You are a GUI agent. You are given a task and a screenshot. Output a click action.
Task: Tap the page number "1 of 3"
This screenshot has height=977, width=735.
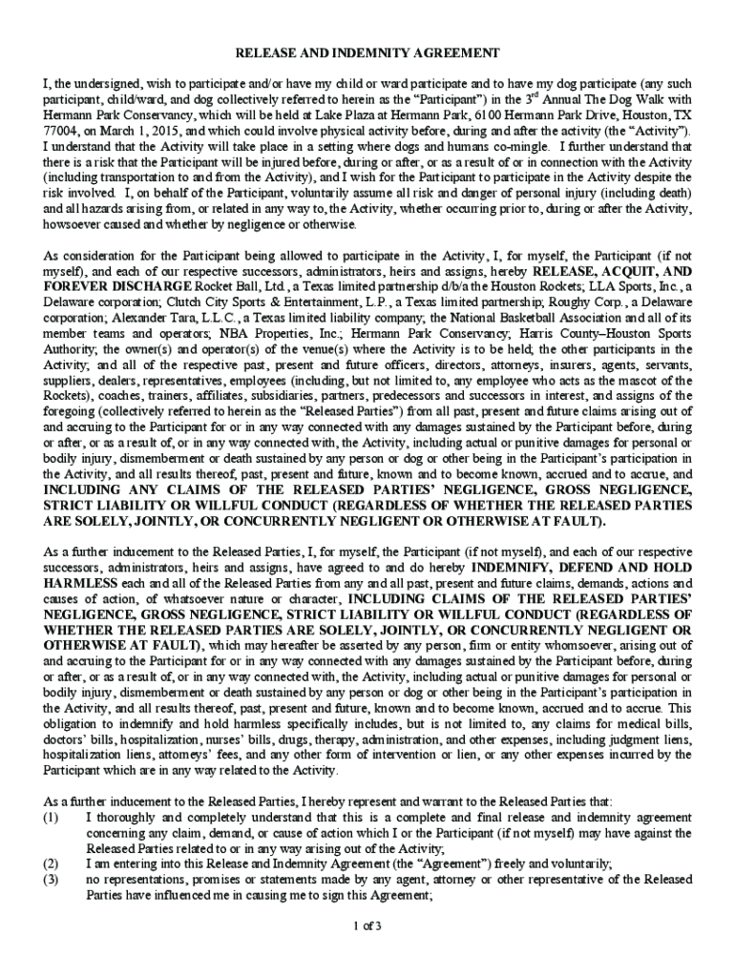367,925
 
